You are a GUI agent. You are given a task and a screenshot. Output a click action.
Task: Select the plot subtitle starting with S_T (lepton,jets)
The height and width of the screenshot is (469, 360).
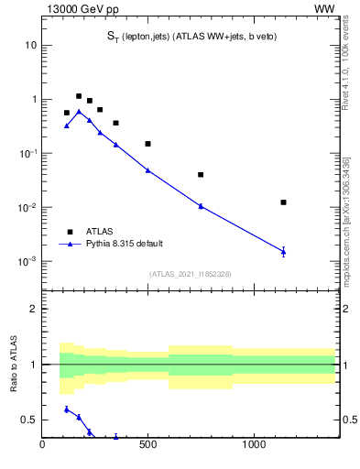click(191, 36)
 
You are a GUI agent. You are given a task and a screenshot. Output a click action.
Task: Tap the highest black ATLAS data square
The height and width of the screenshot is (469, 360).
click(79, 96)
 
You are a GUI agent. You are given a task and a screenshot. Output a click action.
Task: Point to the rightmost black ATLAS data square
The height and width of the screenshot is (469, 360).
click(283, 202)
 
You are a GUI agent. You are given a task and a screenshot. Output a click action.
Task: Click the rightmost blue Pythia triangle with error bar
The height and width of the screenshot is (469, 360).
click(283, 251)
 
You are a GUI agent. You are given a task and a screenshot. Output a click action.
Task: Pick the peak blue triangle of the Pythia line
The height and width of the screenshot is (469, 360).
click(79, 112)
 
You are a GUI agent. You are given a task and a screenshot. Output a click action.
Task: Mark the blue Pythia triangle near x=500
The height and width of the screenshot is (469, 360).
click(147, 170)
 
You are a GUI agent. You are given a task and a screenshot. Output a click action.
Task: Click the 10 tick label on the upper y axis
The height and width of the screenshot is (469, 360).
click(30, 46)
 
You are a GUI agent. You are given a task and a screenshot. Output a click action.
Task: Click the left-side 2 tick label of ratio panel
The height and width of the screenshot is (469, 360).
click(33, 309)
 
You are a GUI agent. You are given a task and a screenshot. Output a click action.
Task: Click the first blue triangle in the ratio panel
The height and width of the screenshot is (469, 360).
click(67, 409)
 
